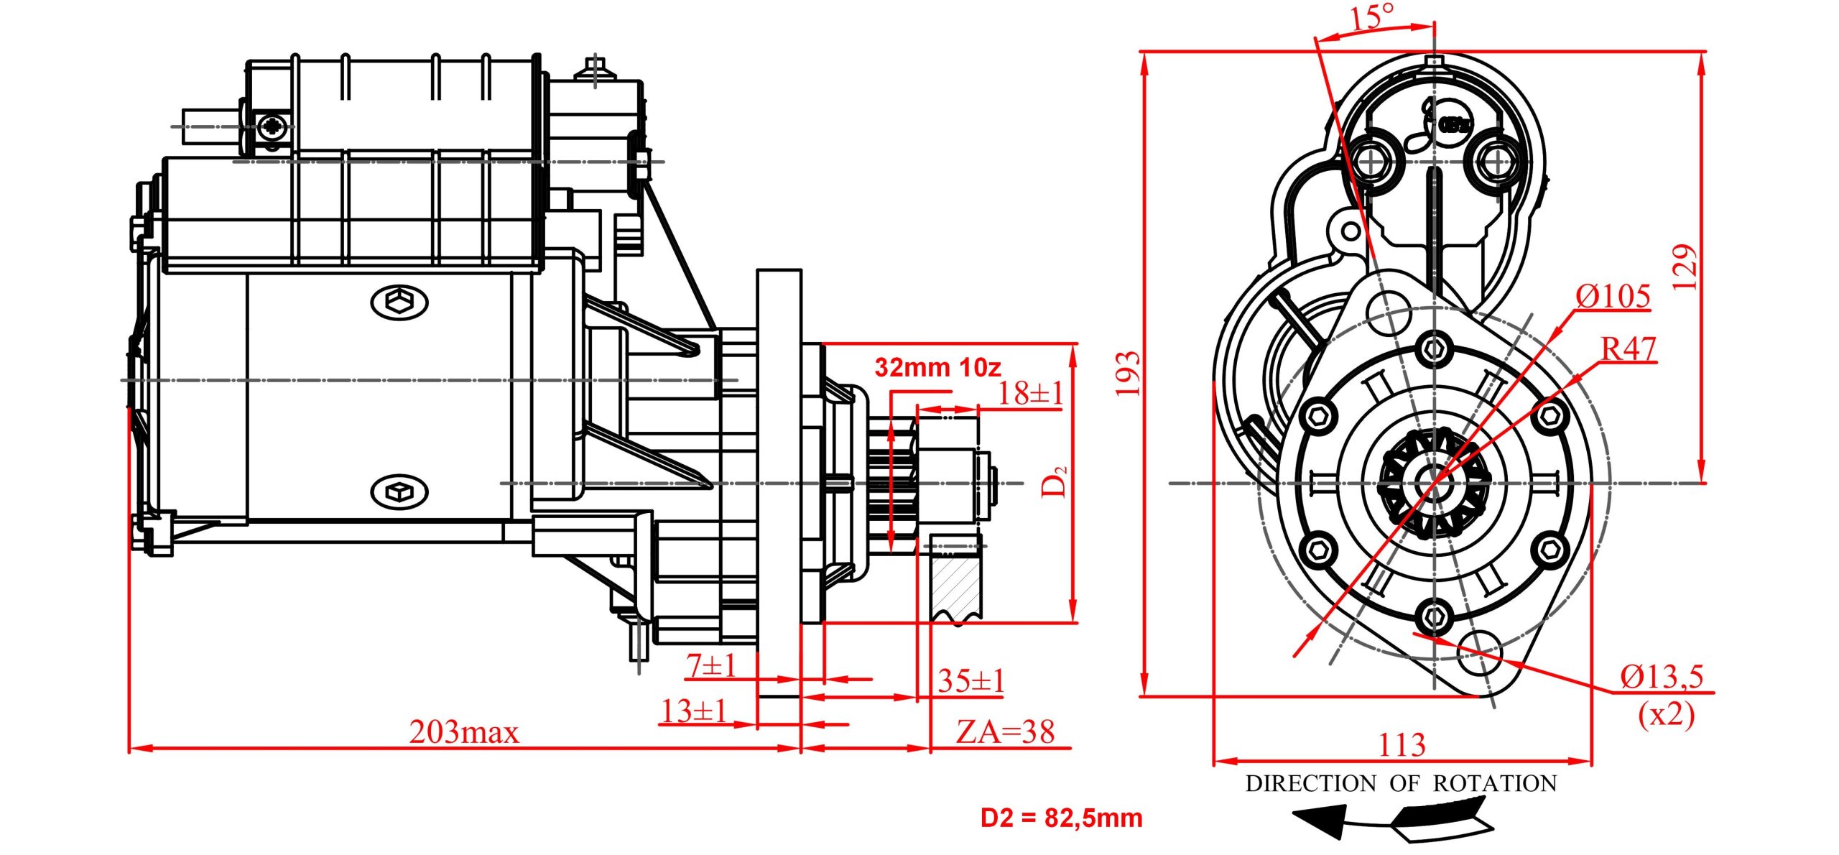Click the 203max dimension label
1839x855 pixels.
(463, 732)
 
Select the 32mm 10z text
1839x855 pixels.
(937, 368)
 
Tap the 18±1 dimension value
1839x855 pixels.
(1030, 393)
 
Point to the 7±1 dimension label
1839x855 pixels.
(711, 665)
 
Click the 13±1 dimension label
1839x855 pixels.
(694, 711)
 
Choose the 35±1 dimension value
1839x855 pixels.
(971, 680)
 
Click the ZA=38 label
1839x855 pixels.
(1005, 732)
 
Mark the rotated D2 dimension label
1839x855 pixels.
(1055, 481)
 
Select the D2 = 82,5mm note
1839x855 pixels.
(1061, 818)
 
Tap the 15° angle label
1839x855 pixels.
(1373, 17)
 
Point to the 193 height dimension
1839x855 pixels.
(1128, 374)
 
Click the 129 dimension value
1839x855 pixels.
(1685, 267)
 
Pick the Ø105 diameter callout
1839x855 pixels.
(1613, 296)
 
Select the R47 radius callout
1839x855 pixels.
(1629, 349)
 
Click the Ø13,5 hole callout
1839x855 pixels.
(1662, 677)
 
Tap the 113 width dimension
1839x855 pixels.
(1402, 744)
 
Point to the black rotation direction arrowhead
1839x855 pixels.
(1320, 821)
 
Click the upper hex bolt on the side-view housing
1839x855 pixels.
(399, 302)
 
